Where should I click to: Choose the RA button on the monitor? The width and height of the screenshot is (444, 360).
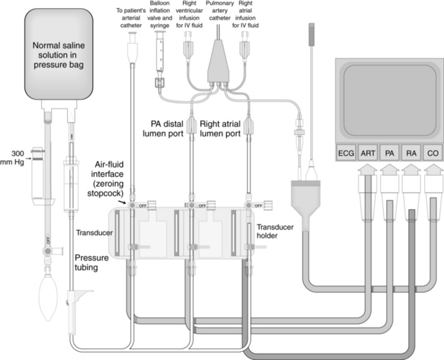click(411, 154)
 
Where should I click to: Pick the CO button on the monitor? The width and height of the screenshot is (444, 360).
click(432, 154)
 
